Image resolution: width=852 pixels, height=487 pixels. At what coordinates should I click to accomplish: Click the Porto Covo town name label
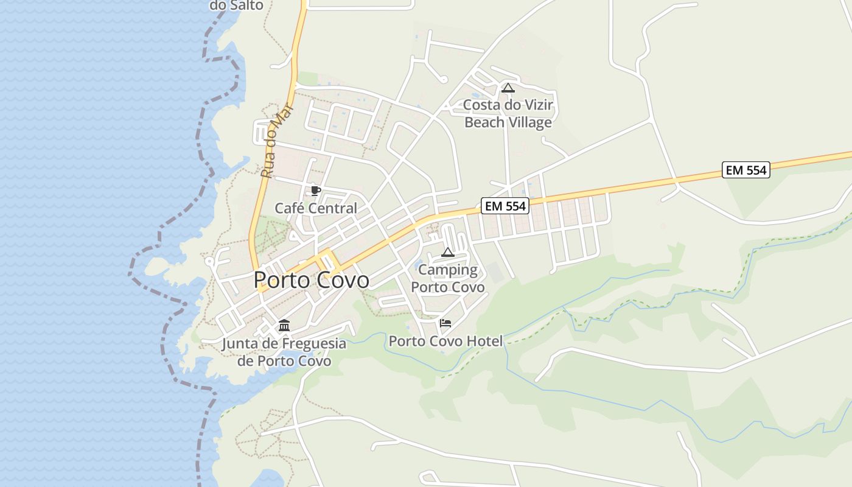(311, 280)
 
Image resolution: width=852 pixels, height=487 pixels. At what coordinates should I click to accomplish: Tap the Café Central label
(316, 208)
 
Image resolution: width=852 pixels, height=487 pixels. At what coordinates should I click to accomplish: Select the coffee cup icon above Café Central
(315, 191)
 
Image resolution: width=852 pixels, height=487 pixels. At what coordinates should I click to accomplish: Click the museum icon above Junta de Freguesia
(284, 326)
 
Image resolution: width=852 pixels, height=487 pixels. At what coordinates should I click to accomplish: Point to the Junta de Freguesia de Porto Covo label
(284, 352)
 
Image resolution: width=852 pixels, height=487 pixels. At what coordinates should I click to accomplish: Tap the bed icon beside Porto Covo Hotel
(445, 323)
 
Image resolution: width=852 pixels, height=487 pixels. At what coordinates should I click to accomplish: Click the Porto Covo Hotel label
(445, 342)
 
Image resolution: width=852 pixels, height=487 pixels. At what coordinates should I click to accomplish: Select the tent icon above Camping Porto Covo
(448, 252)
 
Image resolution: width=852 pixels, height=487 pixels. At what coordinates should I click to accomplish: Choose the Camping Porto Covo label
(448, 278)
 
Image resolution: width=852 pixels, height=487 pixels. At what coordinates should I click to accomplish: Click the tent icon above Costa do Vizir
(508, 88)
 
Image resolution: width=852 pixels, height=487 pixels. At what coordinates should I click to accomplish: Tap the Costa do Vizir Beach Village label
(508, 114)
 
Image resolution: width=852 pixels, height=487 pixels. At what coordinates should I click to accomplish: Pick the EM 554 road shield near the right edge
(746, 170)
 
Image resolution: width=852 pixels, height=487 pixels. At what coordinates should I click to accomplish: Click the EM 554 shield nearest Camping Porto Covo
(504, 206)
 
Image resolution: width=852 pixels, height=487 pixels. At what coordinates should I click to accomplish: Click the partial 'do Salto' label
(236, 5)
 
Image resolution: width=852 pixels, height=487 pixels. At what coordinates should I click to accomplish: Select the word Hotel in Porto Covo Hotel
(484, 342)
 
